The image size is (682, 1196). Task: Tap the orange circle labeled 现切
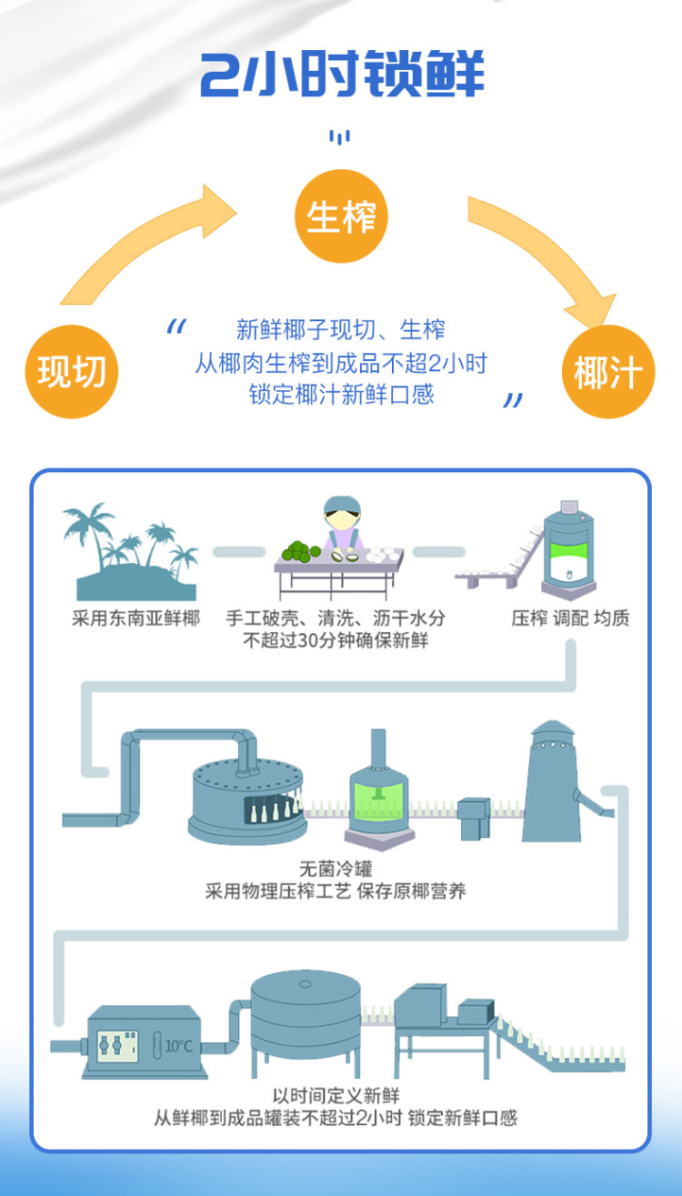[72, 372]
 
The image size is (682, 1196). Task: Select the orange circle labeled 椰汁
[608, 372]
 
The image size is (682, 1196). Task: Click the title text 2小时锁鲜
[342, 75]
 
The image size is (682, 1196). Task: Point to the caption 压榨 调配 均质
[570, 618]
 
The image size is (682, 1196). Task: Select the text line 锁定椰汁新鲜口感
[341, 395]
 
